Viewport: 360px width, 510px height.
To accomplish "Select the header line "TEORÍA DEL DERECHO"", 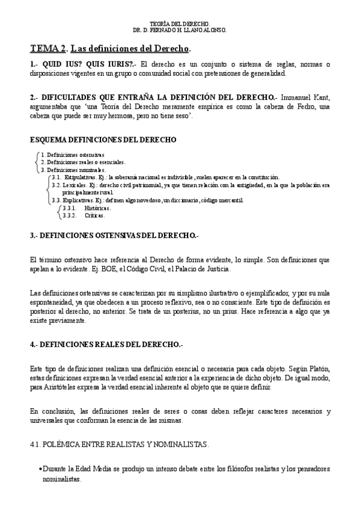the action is (x=180, y=23).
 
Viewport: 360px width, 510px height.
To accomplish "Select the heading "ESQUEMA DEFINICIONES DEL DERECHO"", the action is (x=103, y=140).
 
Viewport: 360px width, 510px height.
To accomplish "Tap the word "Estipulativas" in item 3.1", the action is (x=79, y=177).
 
